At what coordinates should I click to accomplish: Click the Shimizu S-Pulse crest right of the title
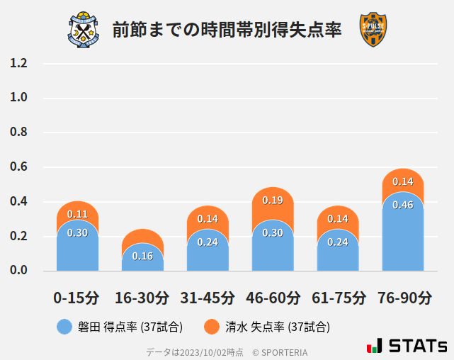(x=373, y=30)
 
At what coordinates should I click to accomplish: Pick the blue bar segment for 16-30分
(x=142, y=259)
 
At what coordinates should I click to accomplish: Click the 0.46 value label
(x=402, y=206)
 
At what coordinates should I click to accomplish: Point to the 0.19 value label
(x=273, y=201)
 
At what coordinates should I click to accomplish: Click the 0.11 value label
(x=77, y=214)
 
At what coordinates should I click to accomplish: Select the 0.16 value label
(x=142, y=256)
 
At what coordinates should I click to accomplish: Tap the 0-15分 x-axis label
(x=76, y=297)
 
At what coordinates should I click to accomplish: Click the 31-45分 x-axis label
(x=207, y=297)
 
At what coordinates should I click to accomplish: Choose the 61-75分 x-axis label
(x=338, y=297)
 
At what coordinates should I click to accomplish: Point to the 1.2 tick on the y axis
(x=18, y=63)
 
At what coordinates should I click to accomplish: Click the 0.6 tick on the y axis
(x=18, y=167)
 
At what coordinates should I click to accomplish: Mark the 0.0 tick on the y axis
(x=18, y=271)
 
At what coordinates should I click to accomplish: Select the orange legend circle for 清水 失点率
(x=211, y=327)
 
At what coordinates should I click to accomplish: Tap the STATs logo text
(x=418, y=346)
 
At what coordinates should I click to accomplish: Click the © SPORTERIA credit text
(x=280, y=352)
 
